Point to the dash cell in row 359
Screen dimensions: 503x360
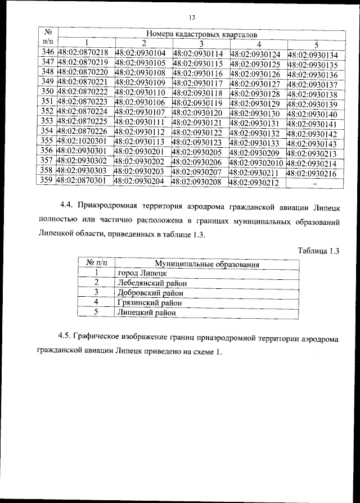point(314,183)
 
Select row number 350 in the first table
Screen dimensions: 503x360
point(48,92)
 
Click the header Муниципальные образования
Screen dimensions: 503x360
point(206,263)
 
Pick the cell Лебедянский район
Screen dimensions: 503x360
point(151,283)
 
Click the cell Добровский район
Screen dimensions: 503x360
point(150,292)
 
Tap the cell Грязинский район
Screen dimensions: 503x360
point(150,302)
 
